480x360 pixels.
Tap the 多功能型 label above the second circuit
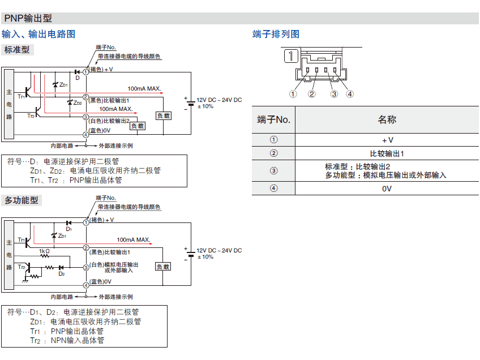21,200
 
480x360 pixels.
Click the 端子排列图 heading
276,34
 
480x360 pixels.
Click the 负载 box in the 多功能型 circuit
163,266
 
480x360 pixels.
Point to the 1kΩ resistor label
44,251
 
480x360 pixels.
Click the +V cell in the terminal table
387,140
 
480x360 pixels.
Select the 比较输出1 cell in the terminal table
387,153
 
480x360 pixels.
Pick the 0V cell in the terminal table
387,188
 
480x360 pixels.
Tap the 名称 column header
387,119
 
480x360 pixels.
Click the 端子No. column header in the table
273,119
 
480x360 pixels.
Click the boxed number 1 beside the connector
290,55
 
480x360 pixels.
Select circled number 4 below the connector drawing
350,94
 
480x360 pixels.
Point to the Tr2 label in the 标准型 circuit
31,115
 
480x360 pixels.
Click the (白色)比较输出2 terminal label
110,121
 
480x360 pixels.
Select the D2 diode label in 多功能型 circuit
62,274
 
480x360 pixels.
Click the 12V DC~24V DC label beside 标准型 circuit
219,100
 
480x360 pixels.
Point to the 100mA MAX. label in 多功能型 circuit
134,239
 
